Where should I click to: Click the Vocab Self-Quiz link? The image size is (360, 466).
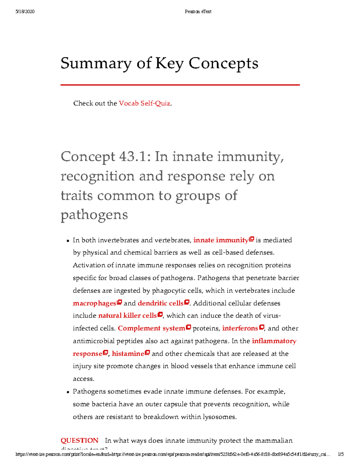click(145, 104)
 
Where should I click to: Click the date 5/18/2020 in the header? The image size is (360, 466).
click(25, 12)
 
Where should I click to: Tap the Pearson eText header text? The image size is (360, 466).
click(198, 12)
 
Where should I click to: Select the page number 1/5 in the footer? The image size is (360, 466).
click(340, 454)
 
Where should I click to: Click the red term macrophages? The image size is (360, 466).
click(94, 303)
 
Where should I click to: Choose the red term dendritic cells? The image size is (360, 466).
click(160, 303)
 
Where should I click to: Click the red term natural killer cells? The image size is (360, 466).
click(127, 316)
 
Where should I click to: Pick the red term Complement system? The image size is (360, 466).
click(151, 328)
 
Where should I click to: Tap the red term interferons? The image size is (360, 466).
click(240, 328)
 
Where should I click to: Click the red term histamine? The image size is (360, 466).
click(128, 354)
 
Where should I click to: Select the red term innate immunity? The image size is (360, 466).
click(221, 240)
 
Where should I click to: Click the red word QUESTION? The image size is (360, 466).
click(79, 440)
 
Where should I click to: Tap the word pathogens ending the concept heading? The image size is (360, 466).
click(94, 215)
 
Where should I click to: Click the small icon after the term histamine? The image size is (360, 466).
click(147, 353)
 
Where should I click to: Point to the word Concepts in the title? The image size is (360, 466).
click(223, 64)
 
